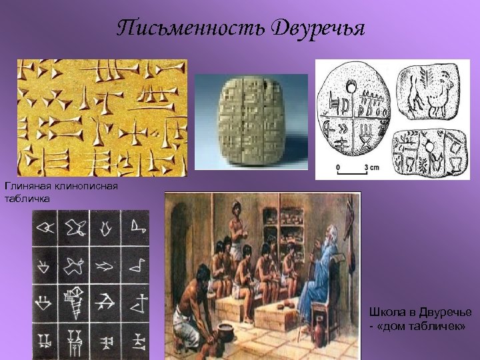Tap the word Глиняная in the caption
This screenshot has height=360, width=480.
(x=27, y=186)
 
